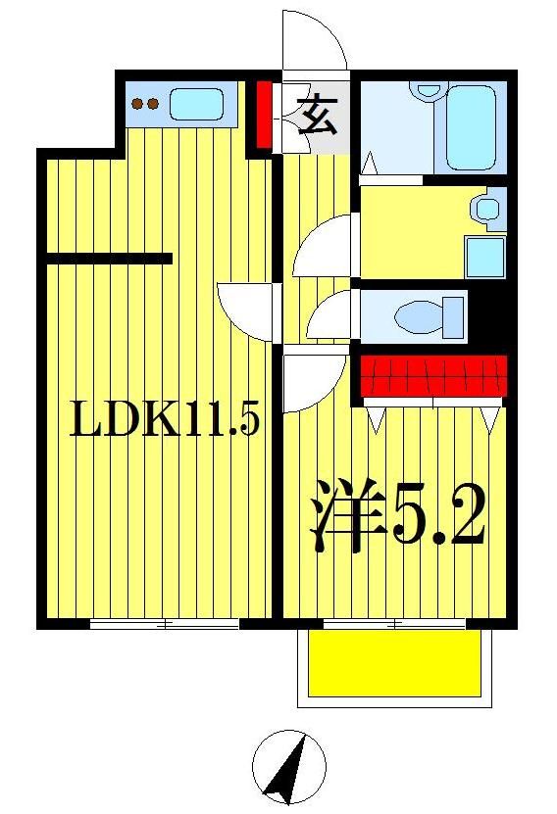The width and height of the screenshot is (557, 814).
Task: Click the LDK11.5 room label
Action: click(164, 422)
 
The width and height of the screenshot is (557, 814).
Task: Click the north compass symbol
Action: click(288, 767)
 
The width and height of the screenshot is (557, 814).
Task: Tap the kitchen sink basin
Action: click(196, 104)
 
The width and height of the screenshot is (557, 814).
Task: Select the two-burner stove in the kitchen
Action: click(145, 104)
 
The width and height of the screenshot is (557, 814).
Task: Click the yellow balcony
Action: click(395, 663)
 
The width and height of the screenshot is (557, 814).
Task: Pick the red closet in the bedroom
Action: click(433, 374)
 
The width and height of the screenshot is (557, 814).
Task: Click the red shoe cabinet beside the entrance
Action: click(264, 114)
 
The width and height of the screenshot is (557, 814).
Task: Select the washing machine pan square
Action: click(484, 257)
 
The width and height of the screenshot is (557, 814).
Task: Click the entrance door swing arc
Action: click(316, 41)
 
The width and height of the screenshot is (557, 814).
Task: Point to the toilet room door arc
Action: click(331, 315)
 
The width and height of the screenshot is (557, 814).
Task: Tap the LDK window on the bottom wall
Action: click(165, 624)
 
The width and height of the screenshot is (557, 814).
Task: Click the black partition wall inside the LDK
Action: click(109, 259)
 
